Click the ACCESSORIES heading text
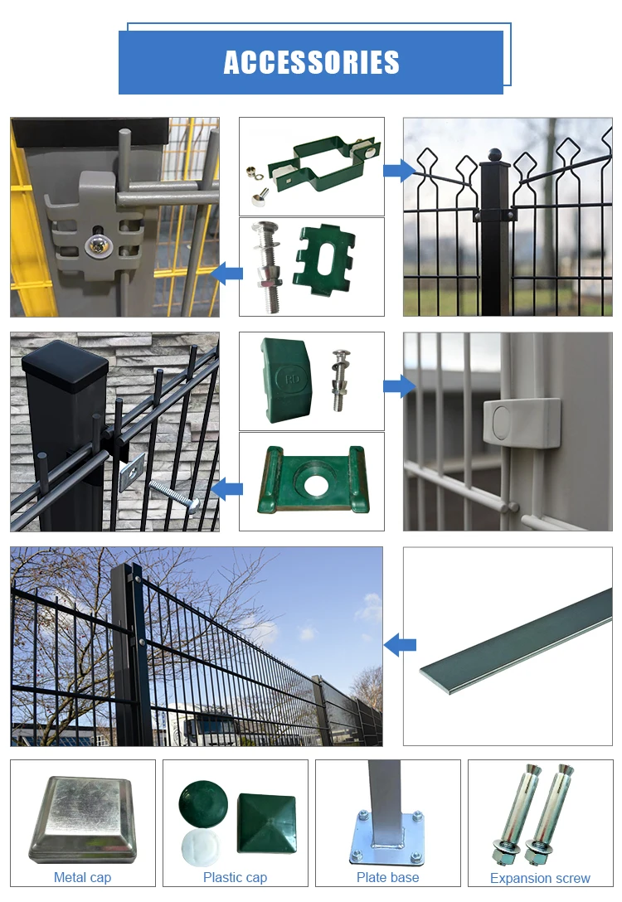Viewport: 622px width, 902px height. tap(311, 62)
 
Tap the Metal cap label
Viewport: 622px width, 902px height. tap(82, 877)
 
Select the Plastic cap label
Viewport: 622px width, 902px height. tap(235, 877)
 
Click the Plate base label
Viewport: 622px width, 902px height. tap(388, 877)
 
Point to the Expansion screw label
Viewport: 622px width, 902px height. tap(540, 878)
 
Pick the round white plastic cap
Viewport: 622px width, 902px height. tap(201, 848)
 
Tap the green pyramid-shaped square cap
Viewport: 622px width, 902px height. tap(267, 823)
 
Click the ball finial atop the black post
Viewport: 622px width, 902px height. tap(495, 154)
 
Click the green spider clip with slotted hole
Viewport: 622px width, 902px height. tap(324, 255)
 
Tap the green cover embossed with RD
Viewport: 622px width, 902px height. tap(286, 380)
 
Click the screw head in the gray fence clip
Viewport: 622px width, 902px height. tap(95, 245)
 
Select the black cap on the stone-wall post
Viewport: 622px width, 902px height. tap(65, 366)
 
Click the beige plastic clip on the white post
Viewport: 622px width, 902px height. tap(522, 423)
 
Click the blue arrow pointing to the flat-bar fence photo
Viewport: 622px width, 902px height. tap(400, 645)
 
